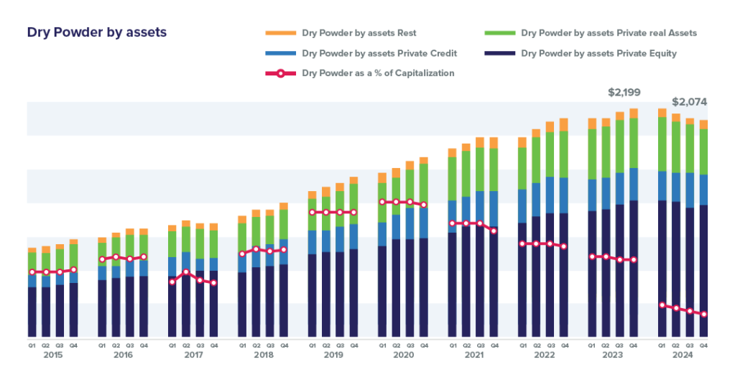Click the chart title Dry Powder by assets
click(97, 33)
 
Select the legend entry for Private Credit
click(379, 53)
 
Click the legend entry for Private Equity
click(598, 53)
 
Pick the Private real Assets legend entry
click(608, 33)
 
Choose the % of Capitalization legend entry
click(377, 73)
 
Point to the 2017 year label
click(193, 355)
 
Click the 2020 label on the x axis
click(402, 355)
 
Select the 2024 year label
click(683, 355)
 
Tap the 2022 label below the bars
click(542, 355)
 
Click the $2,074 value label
click(685, 101)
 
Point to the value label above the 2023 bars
click(624, 92)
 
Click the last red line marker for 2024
click(704, 315)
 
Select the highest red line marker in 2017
click(186, 272)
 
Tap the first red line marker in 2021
click(452, 223)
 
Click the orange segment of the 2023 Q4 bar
click(634, 113)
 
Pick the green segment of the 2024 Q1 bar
click(662, 144)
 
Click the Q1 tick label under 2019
click(312, 345)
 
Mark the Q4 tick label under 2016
click(144, 345)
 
